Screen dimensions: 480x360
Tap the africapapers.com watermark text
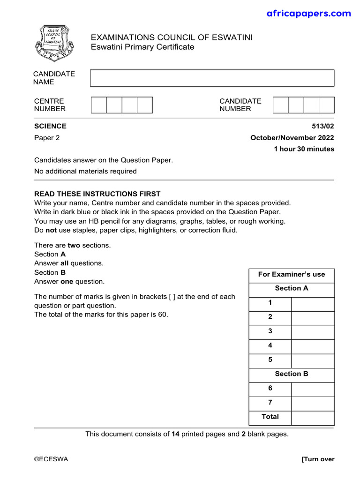click(308, 14)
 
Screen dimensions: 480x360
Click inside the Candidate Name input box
click(212, 78)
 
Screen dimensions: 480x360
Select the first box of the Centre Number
click(98, 105)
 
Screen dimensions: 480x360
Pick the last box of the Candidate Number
click(327, 105)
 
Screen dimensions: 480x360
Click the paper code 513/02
click(323, 126)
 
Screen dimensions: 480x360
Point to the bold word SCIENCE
click(50, 126)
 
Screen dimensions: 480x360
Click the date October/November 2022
click(292, 138)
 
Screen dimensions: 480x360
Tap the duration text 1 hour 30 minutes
click(304, 149)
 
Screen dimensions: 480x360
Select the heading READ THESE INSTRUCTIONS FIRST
click(97, 194)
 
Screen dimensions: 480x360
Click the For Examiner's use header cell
click(292, 275)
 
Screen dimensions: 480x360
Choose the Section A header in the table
click(292, 289)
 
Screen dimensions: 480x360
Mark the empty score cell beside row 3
click(313, 331)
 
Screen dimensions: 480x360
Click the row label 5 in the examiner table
click(270, 360)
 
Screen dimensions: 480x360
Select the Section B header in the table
click(292, 374)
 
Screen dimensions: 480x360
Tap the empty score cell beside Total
click(313, 417)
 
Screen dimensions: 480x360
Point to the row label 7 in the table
click(270, 403)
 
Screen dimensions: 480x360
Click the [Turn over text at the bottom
click(318, 459)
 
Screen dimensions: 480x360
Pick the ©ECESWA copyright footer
click(51, 459)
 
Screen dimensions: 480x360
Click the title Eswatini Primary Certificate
click(142, 47)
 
